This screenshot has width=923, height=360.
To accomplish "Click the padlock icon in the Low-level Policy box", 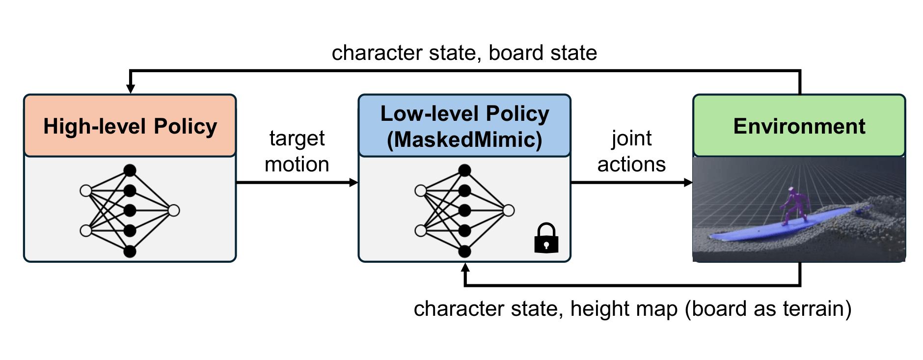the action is pyautogui.click(x=546, y=238).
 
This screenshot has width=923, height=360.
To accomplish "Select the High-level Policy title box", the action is pyautogui.click(x=130, y=126).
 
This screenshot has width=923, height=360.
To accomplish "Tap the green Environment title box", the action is pyautogui.click(x=799, y=126).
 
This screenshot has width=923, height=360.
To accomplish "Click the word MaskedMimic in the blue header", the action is pyautogui.click(x=464, y=139).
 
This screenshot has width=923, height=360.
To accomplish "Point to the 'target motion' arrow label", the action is pyautogui.click(x=297, y=151).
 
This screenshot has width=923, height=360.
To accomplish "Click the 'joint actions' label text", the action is pyautogui.click(x=631, y=151).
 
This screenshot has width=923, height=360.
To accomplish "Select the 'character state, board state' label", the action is pyautogui.click(x=464, y=53).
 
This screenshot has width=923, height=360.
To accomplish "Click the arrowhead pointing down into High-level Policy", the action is pyautogui.click(x=130, y=89).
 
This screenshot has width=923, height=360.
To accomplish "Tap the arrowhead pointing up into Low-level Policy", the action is pyautogui.click(x=465, y=268).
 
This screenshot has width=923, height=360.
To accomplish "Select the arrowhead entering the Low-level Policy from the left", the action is pyautogui.click(x=353, y=183).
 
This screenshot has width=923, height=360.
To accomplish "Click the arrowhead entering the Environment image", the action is pyautogui.click(x=688, y=183).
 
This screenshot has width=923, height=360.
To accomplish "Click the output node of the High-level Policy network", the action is pyautogui.click(x=174, y=211).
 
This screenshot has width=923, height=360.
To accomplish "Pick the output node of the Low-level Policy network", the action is pyautogui.click(x=509, y=211).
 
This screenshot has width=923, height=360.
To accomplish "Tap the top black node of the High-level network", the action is pyautogui.click(x=130, y=170).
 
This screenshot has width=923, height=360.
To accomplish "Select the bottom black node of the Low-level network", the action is pyautogui.click(x=464, y=251).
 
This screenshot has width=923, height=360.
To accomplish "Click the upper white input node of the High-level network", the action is pyautogui.click(x=86, y=191).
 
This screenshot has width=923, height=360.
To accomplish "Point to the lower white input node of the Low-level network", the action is pyautogui.click(x=421, y=230).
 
